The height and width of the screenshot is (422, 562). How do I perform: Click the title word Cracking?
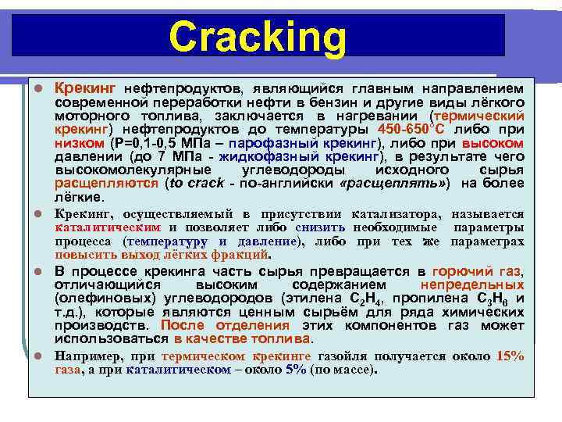click(x=257, y=37)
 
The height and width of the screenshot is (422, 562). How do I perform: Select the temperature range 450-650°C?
click(x=411, y=128)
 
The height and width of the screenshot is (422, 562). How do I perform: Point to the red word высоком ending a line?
click(x=493, y=143)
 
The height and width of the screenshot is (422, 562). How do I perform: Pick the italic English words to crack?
click(x=198, y=183)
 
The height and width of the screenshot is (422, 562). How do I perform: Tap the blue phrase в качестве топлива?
click(x=243, y=339)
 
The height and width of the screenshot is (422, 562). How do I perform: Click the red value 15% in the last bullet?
click(x=510, y=356)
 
